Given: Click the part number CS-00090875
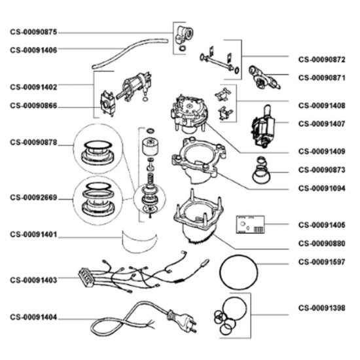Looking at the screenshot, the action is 33,32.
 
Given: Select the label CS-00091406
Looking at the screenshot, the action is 33,50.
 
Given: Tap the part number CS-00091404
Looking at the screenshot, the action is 33,317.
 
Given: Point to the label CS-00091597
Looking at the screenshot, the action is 321,262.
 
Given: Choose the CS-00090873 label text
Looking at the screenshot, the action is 321,170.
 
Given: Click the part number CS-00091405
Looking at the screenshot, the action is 321,225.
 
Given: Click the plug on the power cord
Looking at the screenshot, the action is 182,321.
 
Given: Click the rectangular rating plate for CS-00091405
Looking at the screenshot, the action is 250,225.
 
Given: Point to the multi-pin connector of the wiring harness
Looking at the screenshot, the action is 86,278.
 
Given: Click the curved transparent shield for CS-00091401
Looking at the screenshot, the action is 139,242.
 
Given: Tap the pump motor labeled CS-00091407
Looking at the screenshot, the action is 263,126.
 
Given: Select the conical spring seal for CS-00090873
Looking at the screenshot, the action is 261,170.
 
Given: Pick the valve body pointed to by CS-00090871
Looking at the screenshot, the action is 264,78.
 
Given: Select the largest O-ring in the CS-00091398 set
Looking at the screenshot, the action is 234,309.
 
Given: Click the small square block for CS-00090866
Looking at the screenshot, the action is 107,104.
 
